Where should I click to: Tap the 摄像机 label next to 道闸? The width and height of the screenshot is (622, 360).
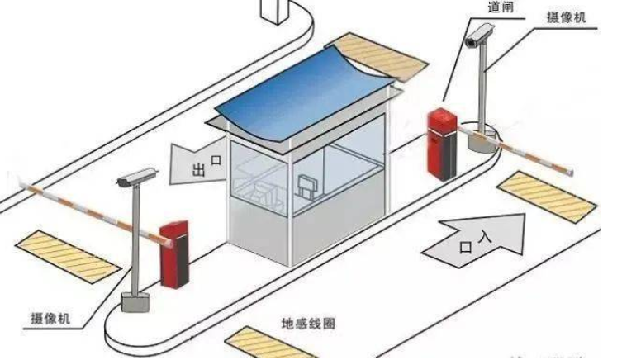click(567, 17)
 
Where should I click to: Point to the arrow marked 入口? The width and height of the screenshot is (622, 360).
click(476, 239)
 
